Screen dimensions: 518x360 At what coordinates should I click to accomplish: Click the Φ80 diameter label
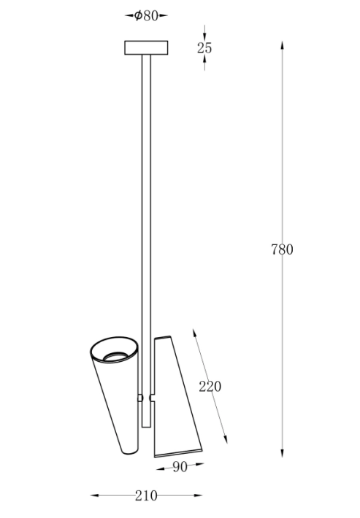click(x=146, y=15)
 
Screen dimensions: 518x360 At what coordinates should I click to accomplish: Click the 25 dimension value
click(x=205, y=48)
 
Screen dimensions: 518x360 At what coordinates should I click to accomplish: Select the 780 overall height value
click(x=282, y=250)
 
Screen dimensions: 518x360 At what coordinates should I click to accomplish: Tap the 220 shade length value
click(x=210, y=387)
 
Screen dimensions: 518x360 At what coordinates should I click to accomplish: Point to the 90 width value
click(x=179, y=468)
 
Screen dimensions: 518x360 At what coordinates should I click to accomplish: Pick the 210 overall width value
click(x=146, y=495)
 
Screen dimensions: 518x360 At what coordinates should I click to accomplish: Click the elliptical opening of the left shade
click(x=114, y=353)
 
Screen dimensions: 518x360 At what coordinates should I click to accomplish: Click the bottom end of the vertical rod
click(x=146, y=427)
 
